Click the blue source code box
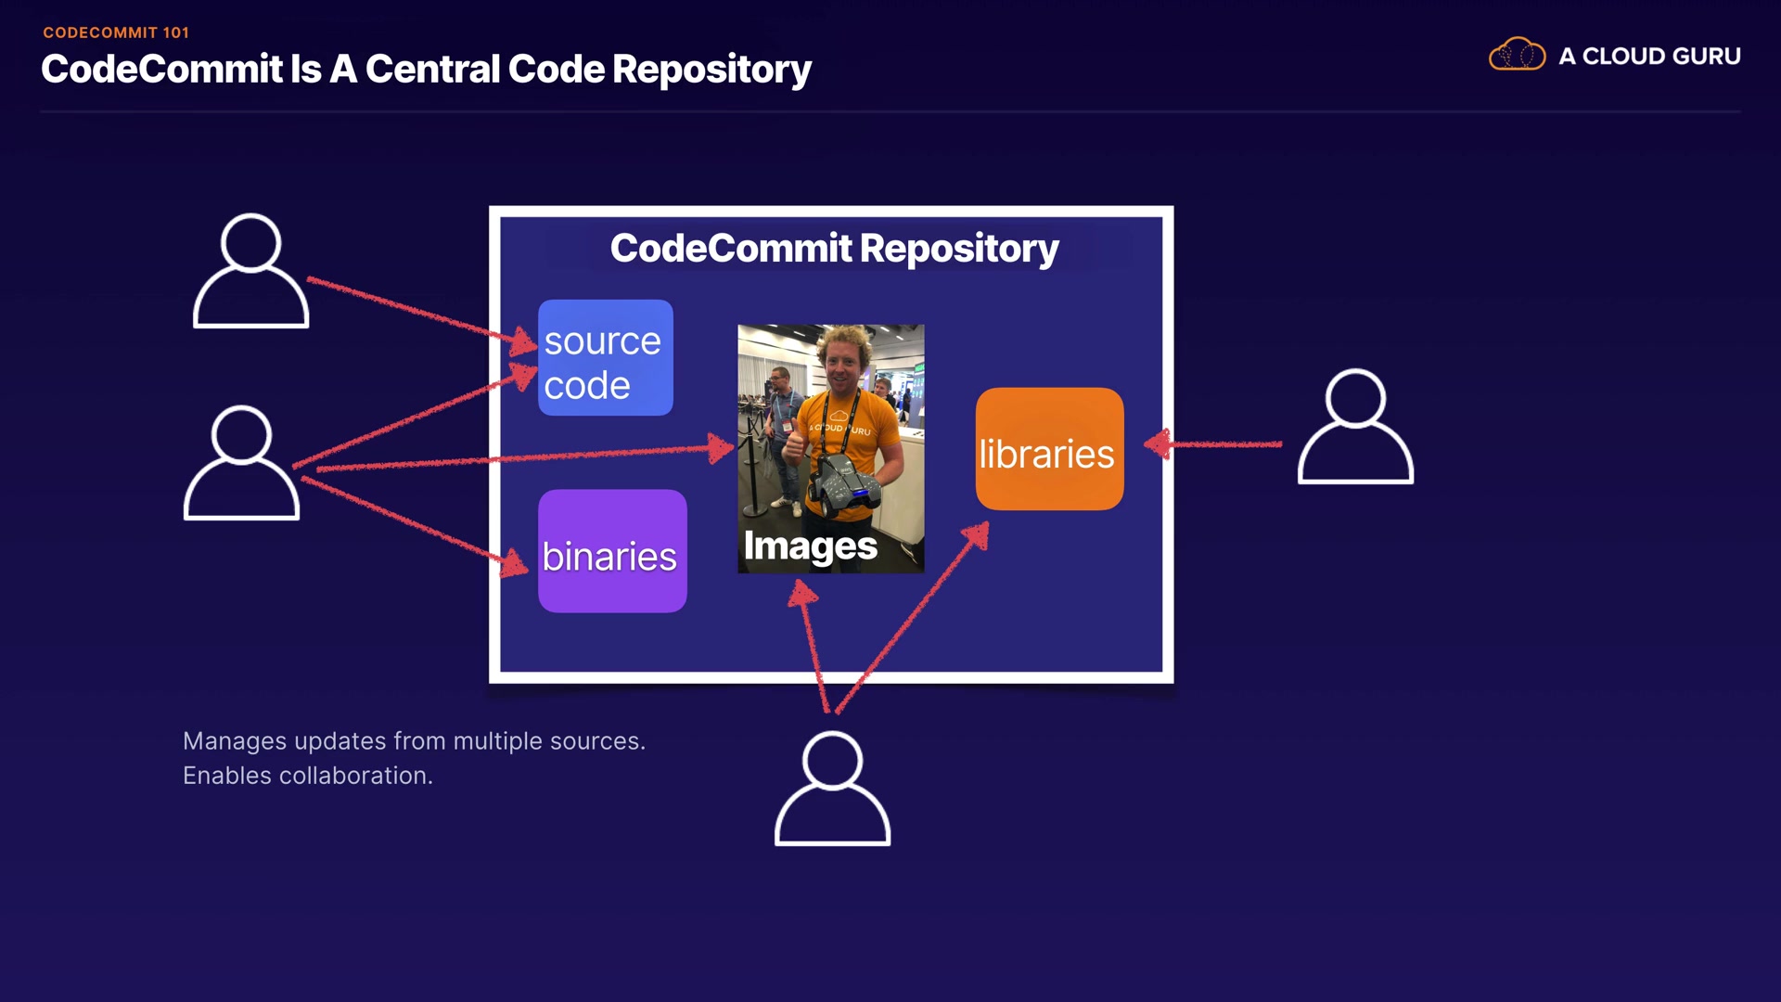tap(605, 358)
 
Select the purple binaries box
tap(612, 551)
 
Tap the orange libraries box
tap(1049, 449)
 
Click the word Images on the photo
tap(810, 546)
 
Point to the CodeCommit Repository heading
tap(834, 249)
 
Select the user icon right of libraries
tap(1355, 427)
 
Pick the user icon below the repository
tap(832, 789)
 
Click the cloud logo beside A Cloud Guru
tap(1517, 56)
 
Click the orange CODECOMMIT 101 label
tap(116, 32)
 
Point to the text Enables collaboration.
tap(308, 776)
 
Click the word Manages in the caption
tap(234, 741)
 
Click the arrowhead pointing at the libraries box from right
tap(1158, 444)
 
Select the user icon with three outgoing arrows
tap(241, 462)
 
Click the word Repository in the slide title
tap(711, 70)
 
